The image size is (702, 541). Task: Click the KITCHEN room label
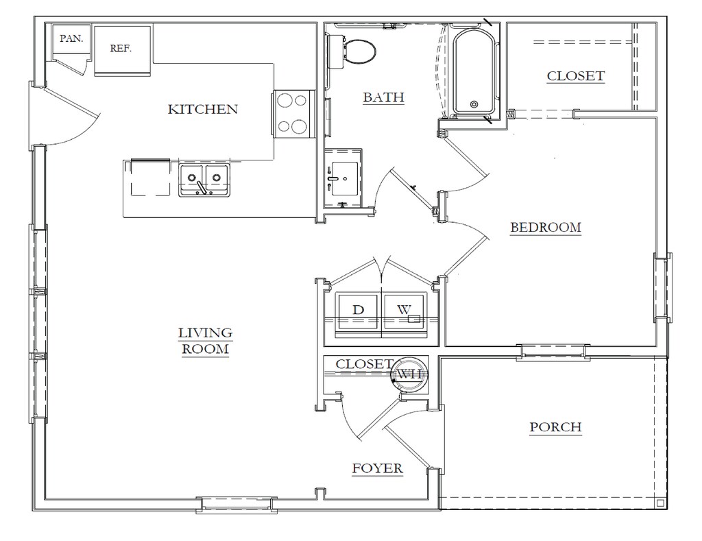click(203, 109)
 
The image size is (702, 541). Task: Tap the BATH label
click(384, 97)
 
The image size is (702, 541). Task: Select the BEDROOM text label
click(546, 228)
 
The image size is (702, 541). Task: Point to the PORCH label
click(555, 427)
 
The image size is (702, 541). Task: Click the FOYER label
click(378, 468)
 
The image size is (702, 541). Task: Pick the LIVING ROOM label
click(206, 341)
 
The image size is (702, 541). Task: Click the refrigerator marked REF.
click(122, 50)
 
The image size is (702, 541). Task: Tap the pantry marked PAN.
click(71, 42)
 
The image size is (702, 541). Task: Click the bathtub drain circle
click(474, 105)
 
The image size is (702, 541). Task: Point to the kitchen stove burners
click(292, 113)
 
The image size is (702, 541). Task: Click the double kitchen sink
click(204, 180)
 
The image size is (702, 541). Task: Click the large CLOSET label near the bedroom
click(576, 76)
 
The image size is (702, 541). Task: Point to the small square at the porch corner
click(660, 503)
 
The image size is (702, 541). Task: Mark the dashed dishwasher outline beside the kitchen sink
click(150, 178)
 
